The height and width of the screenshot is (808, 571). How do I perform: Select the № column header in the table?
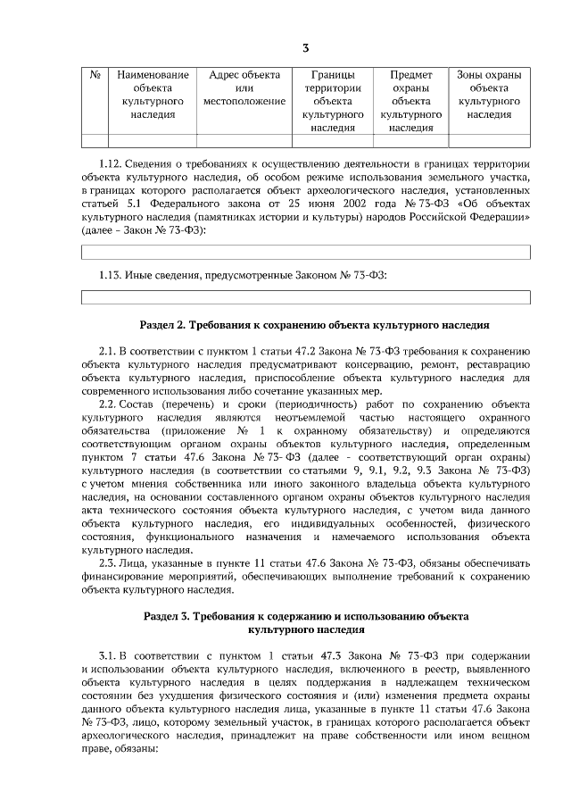(95, 75)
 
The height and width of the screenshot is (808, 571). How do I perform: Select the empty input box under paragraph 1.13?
(305, 296)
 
